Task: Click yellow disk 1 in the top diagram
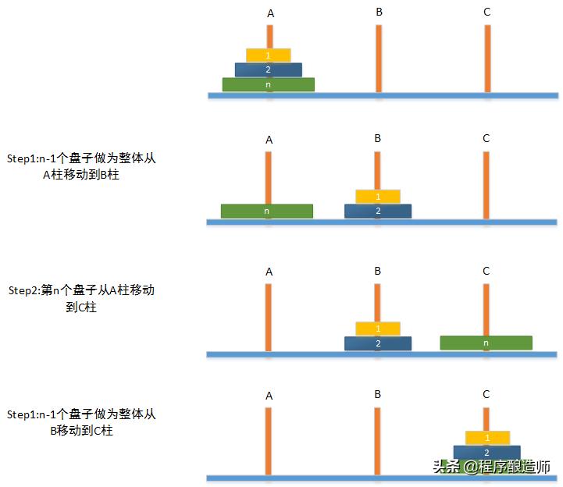(269, 55)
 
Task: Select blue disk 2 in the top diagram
(269, 69)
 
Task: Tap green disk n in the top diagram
(269, 84)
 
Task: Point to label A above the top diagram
(270, 13)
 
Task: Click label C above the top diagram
(486, 12)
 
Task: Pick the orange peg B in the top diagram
(378, 59)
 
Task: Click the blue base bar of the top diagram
(382, 95)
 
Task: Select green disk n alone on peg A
(267, 211)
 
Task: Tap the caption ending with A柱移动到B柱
(82, 166)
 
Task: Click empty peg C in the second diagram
(486, 185)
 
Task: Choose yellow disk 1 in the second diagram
(378, 196)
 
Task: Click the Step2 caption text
(81, 298)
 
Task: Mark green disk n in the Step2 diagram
(486, 343)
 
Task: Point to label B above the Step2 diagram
(378, 271)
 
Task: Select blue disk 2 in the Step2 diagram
(378, 343)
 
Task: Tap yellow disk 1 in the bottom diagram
(487, 438)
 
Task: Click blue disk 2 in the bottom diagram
(487, 452)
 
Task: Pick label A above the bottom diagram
(269, 396)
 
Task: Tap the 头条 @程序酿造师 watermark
(491, 467)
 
